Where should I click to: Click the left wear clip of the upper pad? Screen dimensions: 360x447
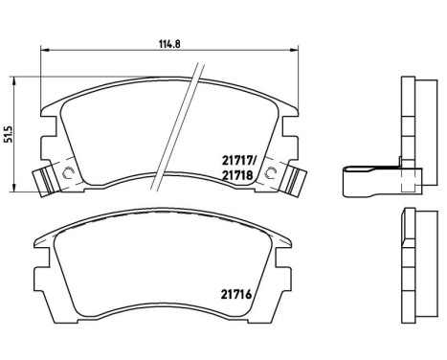(x=44, y=181)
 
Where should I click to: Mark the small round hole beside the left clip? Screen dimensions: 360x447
(x=67, y=172)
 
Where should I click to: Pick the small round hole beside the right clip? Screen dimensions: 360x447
(x=273, y=172)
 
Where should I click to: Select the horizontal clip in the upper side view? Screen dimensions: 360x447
(x=369, y=176)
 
